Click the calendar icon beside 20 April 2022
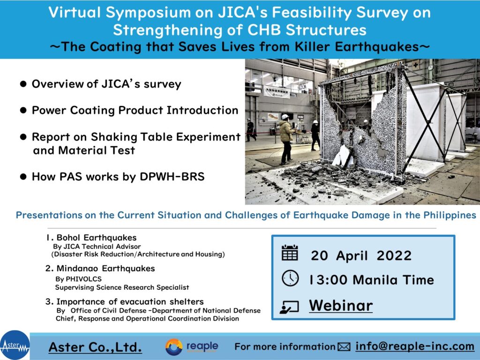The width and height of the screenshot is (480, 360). [x=290, y=253]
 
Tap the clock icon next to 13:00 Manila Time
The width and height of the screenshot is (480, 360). [x=290, y=278]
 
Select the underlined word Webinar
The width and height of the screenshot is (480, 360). [x=341, y=305]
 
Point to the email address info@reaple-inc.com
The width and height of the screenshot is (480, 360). [x=415, y=346]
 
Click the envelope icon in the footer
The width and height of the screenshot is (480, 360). [x=344, y=347]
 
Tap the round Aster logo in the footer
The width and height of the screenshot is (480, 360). [x=15, y=345]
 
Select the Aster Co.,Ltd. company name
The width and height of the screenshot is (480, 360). [x=95, y=347]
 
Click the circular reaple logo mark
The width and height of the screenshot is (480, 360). [x=173, y=347]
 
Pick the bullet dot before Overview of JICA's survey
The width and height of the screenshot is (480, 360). [x=23, y=84]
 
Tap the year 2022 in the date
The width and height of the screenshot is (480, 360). [x=394, y=255]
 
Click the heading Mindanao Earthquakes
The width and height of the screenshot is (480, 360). [x=100, y=269]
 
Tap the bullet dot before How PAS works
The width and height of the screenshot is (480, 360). [x=23, y=177]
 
